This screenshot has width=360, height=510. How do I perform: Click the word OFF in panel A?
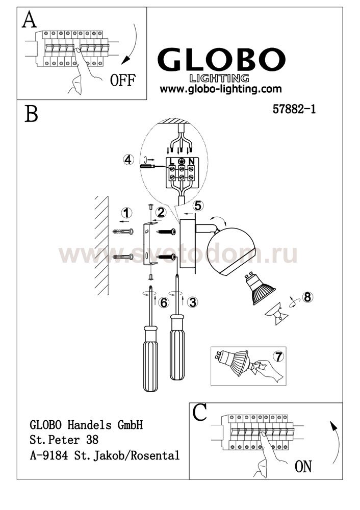click(x=122, y=80)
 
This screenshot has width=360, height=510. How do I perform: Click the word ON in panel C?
click(x=303, y=466)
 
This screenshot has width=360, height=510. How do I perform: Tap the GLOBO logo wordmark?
click(x=221, y=60)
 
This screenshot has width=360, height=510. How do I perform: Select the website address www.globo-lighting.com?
click(x=220, y=88)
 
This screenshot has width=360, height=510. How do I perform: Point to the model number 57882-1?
click(x=294, y=109)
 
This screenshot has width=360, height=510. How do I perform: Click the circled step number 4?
click(x=128, y=160)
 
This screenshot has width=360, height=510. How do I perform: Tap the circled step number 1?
click(x=127, y=213)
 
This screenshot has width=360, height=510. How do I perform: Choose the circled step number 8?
click(x=307, y=297)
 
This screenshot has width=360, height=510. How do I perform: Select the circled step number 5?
click(x=198, y=206)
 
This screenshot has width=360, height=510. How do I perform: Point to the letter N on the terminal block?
click(x=191, y=161)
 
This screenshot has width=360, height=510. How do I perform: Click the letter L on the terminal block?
click(x=172, y=161)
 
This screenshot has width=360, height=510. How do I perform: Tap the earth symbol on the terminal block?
click(x=182, y=161)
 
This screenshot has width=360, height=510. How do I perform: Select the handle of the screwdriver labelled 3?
click(x=177, y=347)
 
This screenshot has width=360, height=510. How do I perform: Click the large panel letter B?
click(x=31, y=114)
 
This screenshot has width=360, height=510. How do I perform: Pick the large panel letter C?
click(x=200, y=413)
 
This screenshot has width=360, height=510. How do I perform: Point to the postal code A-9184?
click(x=49, y=455)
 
